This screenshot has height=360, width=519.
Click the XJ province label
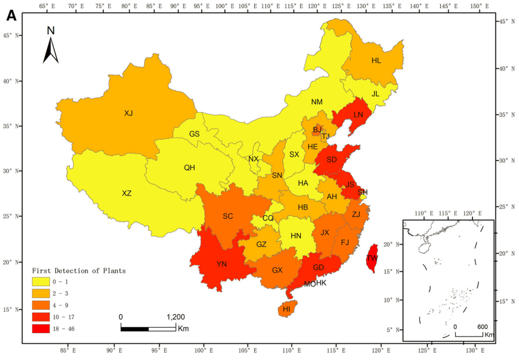coord(128,113)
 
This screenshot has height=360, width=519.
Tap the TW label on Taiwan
coord(372,258)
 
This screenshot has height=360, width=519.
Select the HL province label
coord(376,61)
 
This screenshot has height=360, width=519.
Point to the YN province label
coord(222,264)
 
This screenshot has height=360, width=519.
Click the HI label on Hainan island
coord(287,309)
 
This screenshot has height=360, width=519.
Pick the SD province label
coord(332,160)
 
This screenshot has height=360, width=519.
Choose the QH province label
coord(189,168)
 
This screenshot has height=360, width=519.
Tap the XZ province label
coord(126,194)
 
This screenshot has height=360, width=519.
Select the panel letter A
coord(12,16)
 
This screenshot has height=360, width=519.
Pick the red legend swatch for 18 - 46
coord(42,329)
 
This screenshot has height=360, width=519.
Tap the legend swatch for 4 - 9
coord(42,305)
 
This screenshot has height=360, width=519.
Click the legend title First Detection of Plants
coord(79,271)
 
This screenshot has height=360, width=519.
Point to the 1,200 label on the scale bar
coord(175,317)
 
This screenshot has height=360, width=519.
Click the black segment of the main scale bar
coord(135,329)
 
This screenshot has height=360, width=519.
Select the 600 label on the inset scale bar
coord(482,326)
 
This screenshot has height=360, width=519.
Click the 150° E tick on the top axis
coord(477,6)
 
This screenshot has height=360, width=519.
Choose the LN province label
coord(358,115)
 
